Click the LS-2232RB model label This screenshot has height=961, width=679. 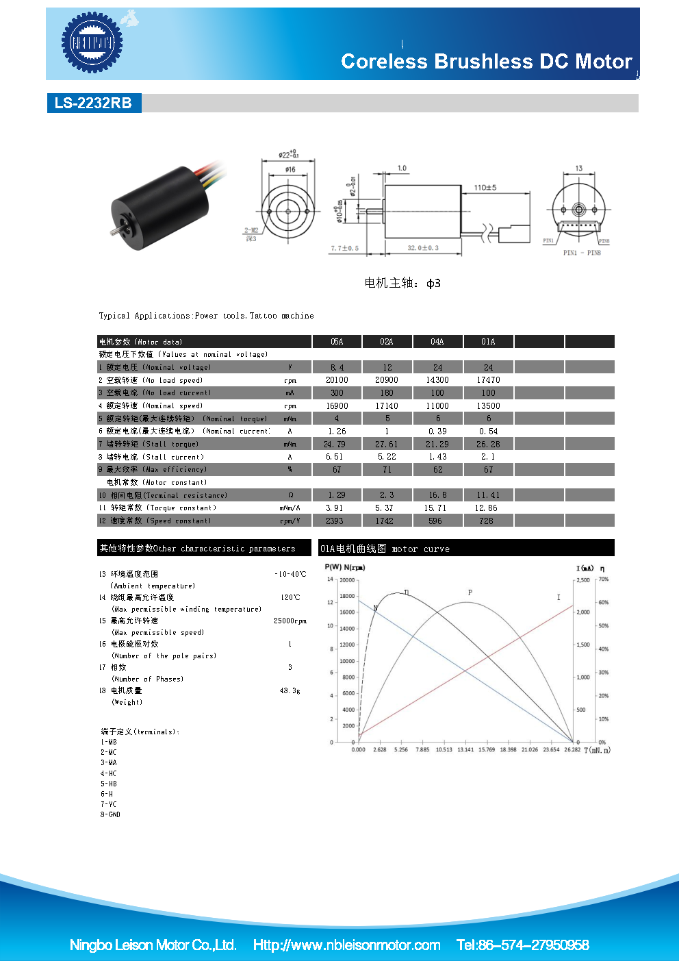93,103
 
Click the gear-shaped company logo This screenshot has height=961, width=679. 92,43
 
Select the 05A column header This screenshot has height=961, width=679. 337,342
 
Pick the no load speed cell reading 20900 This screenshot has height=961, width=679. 386,380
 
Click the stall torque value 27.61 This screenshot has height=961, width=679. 386,445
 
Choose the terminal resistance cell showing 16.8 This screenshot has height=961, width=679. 437,495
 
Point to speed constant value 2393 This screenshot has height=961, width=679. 335,521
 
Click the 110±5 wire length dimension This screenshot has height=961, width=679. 485,188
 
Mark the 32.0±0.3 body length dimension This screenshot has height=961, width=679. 423,248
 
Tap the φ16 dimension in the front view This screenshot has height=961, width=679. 290,169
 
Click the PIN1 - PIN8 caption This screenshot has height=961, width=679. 582,253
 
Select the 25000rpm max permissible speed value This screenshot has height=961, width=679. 290,621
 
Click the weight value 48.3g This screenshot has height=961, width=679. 290,691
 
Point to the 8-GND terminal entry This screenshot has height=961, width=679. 110,814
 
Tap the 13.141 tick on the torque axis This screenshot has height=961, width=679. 465,750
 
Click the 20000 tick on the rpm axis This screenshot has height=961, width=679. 348,580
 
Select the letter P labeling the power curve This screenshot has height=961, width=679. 470,592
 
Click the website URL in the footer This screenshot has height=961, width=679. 346,945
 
